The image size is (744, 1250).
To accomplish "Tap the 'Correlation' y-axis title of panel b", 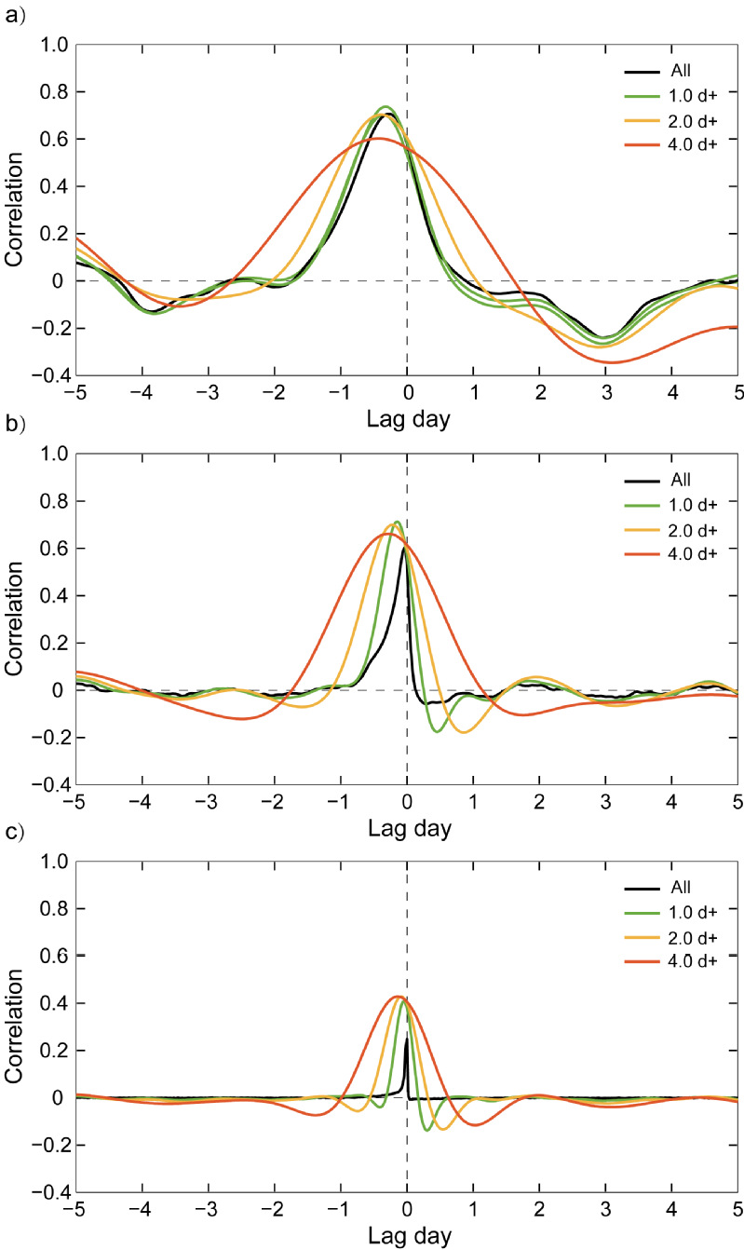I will pyautogui.click(x=14, y=618).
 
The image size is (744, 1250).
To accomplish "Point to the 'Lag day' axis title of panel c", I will pyautogui.click(x=407, y=1236).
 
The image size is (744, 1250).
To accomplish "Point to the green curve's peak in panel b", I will pyautogui.click(x=398, y=522).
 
